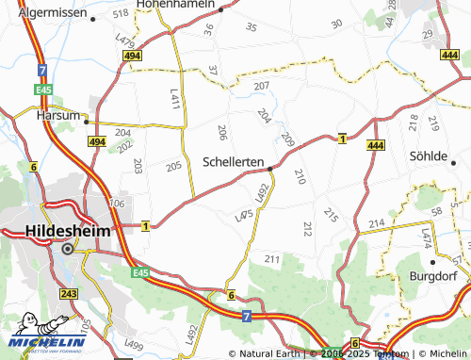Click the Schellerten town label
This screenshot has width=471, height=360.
coord(234,162)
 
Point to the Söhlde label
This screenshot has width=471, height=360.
coord(430,155)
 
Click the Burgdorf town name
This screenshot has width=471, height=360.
coord(432,276)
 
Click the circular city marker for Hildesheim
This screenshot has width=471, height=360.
coord(68,250)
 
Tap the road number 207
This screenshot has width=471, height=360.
coord(262,86)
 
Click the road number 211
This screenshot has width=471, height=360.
coord(273,258)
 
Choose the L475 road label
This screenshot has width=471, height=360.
coord(244,217)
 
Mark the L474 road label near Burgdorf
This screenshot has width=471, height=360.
coord(428,238)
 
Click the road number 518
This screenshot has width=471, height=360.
coord(120,14)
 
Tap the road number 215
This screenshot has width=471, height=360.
coord(330,214)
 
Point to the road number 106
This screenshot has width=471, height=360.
coord(117,204)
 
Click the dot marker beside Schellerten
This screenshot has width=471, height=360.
coord(270,170)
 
